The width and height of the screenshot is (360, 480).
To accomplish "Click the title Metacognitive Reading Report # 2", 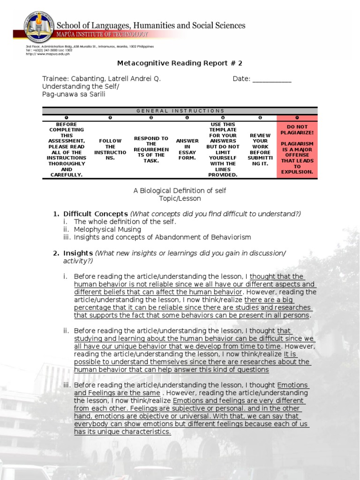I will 180,63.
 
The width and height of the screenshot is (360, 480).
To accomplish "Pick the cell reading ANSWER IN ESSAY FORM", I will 187,149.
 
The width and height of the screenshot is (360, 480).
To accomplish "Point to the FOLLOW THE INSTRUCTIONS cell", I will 110,149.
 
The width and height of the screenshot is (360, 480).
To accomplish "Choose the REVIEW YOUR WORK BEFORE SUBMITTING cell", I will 260,149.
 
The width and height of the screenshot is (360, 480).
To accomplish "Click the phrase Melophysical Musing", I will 107,229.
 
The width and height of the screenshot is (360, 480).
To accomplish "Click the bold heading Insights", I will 78,253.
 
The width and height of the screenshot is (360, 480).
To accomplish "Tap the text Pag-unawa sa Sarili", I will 74,94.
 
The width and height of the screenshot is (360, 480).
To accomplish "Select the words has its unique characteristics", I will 122,432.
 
